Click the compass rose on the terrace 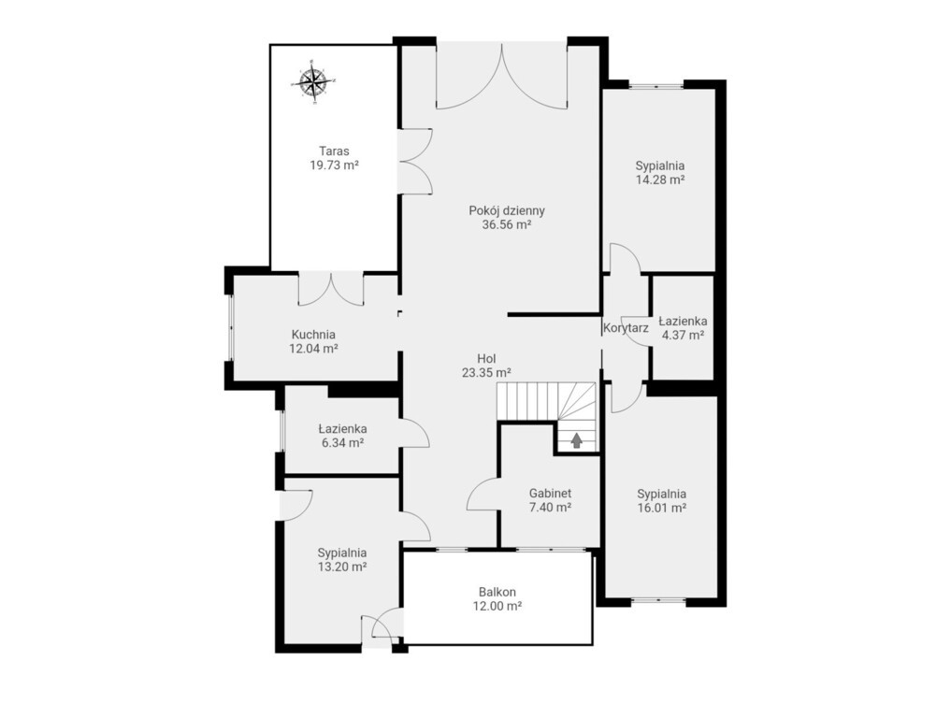pyautogui.click(x=313, y=81)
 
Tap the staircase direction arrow pyautogui.click(x=576, y=440)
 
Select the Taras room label pyautogui.click(x=334, y=151)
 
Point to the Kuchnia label pyautogui.click(x=313, y=334)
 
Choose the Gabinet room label pyautogui.click(x=550, y=494)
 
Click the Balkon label pyautogui.click(x=497, y=592)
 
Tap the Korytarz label pyautogui.click(x=626, y=328)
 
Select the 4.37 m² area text pyautogui.click(x=683, y=335)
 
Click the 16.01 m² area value pyautogui.click(x=662, y=509)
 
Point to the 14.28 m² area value pyautogui.click(x=660, y=179)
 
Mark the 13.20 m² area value pyautogui.click(x=342, y=567)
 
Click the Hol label pyautogui.click(x=486, y=359)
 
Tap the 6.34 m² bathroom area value pyautogui.click(x=342, y=443)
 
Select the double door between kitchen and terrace pyautogui.click(x=331, y=289)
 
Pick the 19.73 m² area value pyautogui.click(x=334, y=165)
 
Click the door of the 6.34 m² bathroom pyautogui.click(x=415, y=432)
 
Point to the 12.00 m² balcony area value pyautogui.click(x=497, y=606)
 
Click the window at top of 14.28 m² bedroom pyautogui.click(x=656, y=85)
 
